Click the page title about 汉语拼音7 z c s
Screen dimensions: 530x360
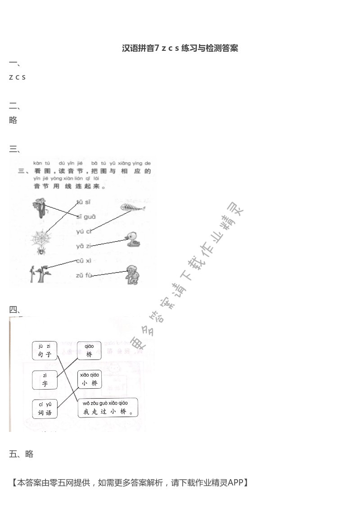[180, 48]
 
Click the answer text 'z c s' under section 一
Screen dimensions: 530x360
[17, 77]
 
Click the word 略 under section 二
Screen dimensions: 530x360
[13, 120]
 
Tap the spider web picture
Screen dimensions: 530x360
[40, 240]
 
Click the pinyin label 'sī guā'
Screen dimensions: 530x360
[85, 216]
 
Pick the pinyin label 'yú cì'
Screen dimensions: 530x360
[84, 231]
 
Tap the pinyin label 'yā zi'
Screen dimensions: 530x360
[84, 246]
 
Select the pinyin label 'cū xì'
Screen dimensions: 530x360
[84, 261]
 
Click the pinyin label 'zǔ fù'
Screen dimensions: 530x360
[84, 275]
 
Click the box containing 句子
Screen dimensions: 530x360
[45, 350]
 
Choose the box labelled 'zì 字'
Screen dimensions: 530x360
[45, 380]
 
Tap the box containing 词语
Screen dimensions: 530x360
[45, 409]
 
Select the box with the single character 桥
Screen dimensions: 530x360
[89, 350]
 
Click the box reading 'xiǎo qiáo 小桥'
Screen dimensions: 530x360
[90, 379]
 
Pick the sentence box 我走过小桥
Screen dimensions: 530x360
[108, 408]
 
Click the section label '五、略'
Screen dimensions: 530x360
[21, 454]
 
